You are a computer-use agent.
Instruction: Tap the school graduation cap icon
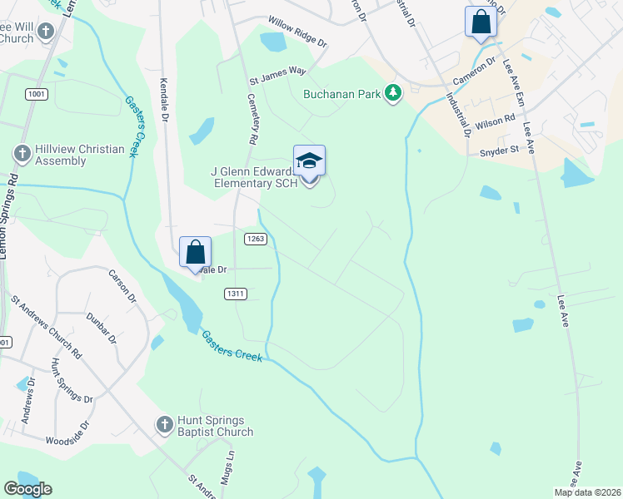(x=309, y=161)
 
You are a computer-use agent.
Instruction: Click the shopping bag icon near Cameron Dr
(x=481, y=22)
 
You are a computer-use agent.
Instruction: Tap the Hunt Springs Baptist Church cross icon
(x=165, y=425)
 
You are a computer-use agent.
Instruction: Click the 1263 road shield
(x=255, y=239)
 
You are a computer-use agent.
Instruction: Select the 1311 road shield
(x=236, y=294)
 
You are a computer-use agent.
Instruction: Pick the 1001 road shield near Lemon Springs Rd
(x=36, y=94)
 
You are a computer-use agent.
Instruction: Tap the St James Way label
(x=278, y=76)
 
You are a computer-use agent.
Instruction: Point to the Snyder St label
(x=500, y=151)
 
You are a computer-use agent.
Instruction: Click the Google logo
(x=28, y=489)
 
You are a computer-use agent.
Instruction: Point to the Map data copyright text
(x=587, y=492)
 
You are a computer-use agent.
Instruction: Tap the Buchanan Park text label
(x=342, y=93)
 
